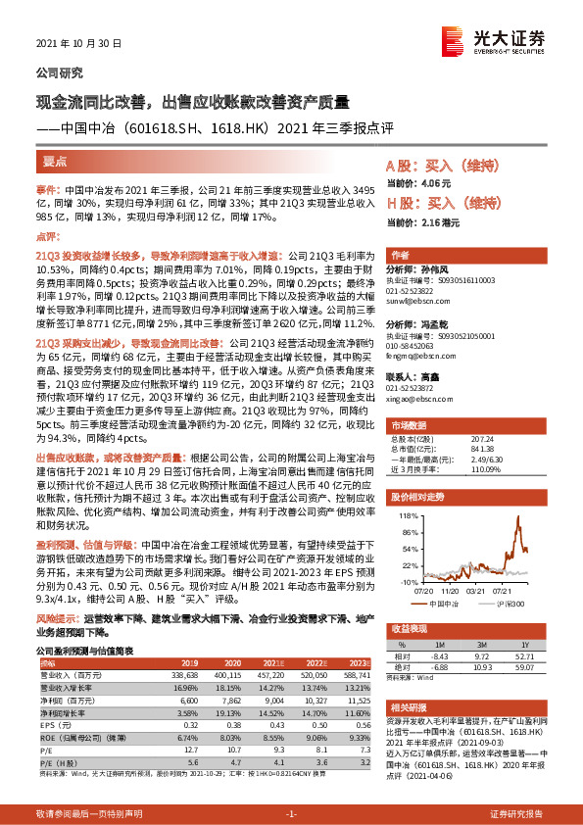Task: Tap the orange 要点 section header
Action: pos(56,163)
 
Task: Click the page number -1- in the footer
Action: pos(291,814)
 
